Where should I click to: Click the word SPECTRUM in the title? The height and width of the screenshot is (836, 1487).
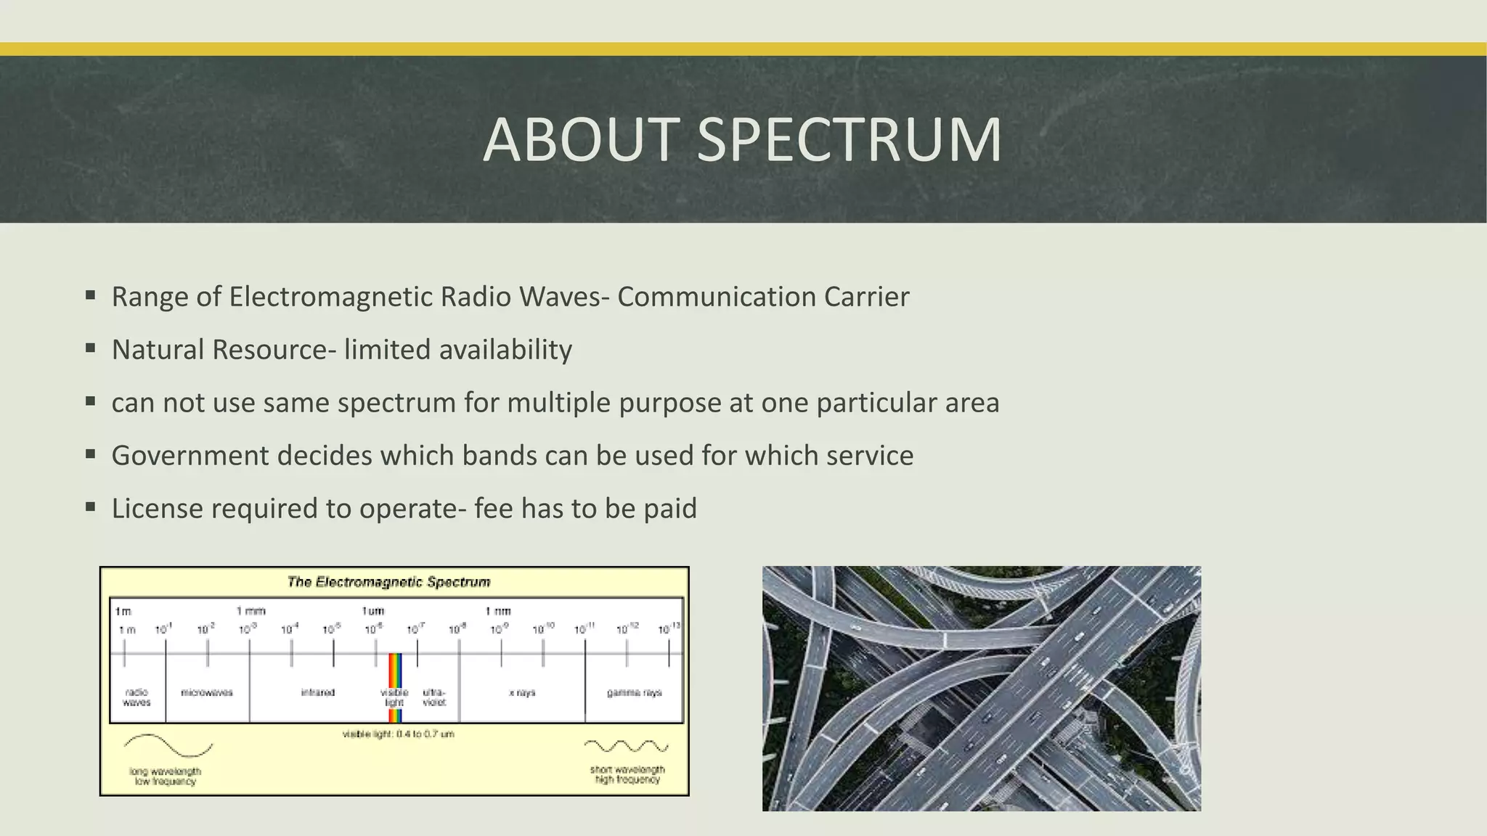(x=849, y=139)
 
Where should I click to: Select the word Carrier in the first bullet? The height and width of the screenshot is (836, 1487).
(x=866, y=297)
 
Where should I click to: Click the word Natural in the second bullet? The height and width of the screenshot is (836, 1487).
(x=157, y=350)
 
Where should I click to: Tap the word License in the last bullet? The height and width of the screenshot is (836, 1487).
(x=157, y=509)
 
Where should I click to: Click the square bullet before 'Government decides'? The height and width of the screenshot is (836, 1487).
(x=91, y=455)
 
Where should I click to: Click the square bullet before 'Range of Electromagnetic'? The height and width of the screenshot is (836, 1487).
(x=91, y=295)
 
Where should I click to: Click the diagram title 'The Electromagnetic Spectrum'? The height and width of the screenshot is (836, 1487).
(x=388, y=582)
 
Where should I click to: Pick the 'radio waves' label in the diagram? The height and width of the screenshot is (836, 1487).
(x=137, y=697)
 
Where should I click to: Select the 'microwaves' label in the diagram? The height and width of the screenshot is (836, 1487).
(x=207, y=693)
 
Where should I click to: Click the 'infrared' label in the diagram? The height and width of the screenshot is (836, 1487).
(x=318, y=693)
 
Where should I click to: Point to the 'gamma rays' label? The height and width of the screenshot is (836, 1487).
(x=634, y=693)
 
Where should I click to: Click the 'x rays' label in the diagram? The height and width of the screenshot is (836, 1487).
(x=521, y=693)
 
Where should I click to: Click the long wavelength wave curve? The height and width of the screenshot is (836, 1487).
(x=168, y=746)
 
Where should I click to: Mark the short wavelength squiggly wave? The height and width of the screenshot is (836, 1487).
(x=626, y=746)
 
